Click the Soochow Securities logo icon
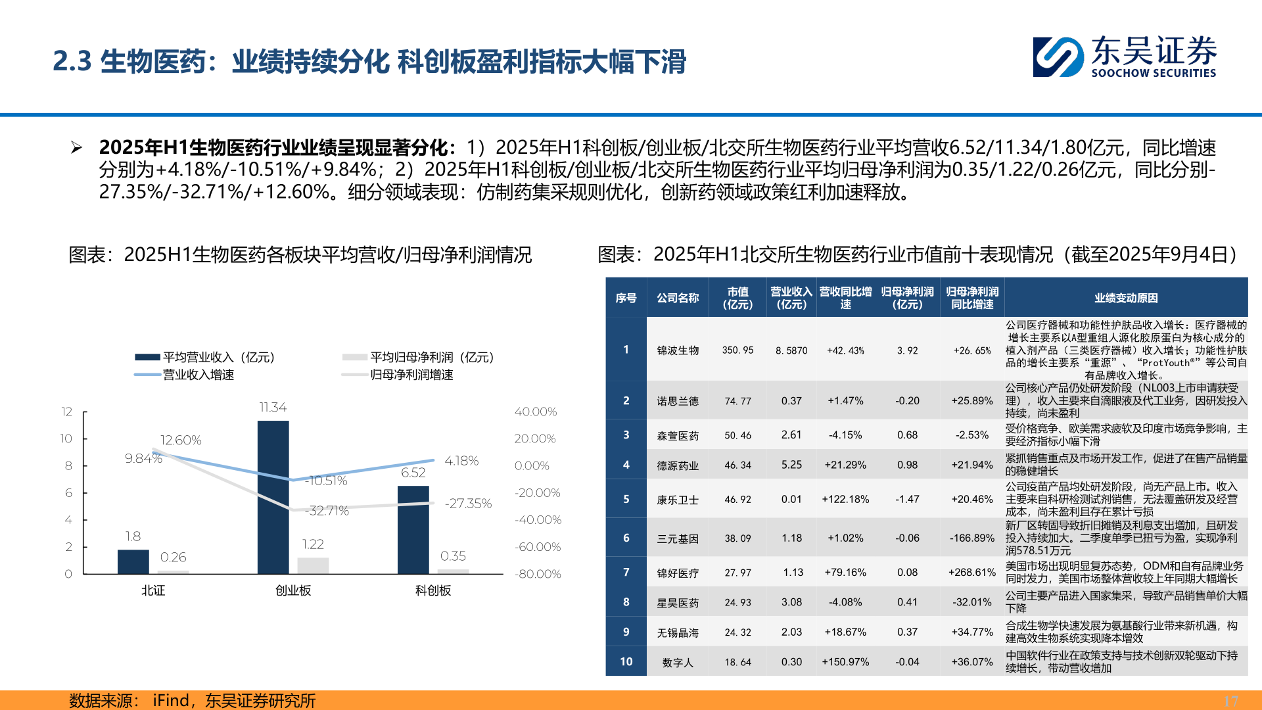point(1058,57)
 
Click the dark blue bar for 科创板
point(413,529)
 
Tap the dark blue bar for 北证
point(133,561)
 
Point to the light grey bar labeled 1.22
point(313,565)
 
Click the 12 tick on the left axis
point(66,412)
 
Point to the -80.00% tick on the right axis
point(538,574)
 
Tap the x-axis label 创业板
point(293,590)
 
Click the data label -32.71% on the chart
point(328,511)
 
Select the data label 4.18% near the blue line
point(461,461)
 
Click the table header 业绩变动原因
point(1126,298)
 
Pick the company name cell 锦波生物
point(678,350)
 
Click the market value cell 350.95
point(737,350)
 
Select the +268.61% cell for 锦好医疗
point(972,573)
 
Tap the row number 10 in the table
point(626,662)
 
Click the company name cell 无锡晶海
point(678,632)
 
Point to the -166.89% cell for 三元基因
point(972,538)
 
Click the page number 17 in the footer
point(1230,701)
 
